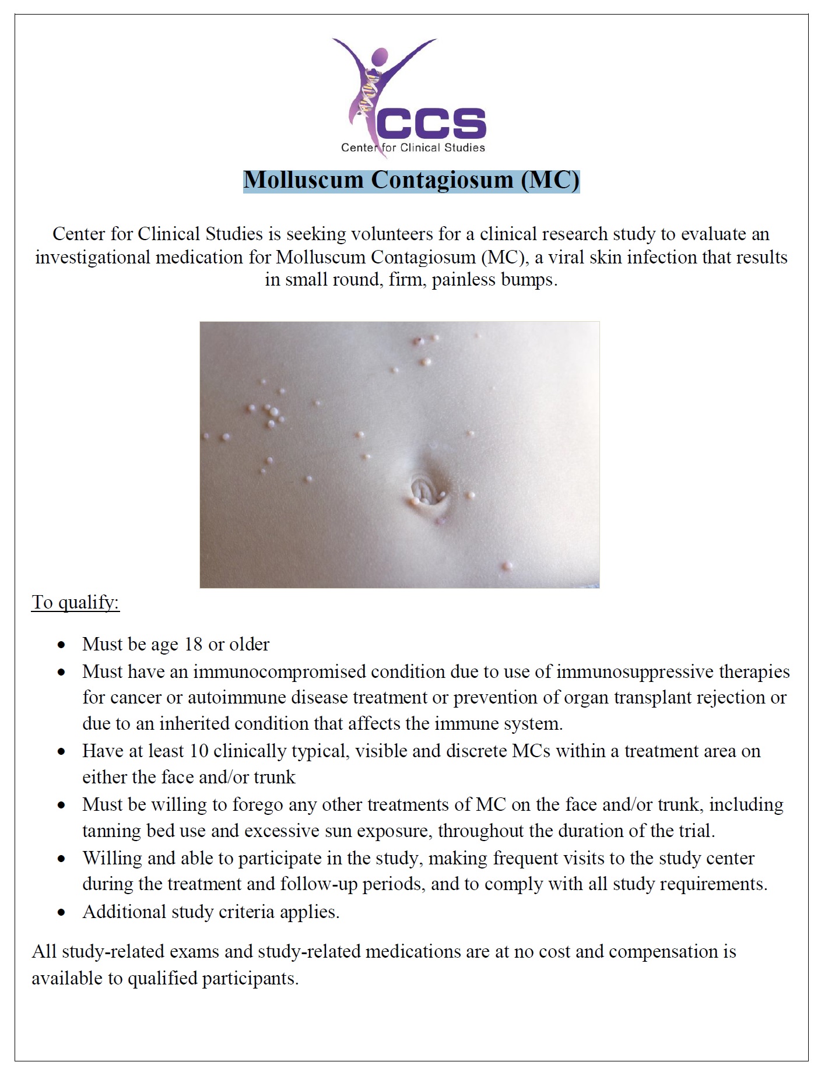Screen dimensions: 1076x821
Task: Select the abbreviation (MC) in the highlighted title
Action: point(550,180)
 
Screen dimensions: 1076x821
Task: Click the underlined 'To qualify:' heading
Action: point(75,602)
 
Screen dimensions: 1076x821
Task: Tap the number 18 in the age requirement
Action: point(193,644)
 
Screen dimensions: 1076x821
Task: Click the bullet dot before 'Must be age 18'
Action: point(62,645)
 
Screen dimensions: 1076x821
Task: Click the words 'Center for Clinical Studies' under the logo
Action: point(413,147)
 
